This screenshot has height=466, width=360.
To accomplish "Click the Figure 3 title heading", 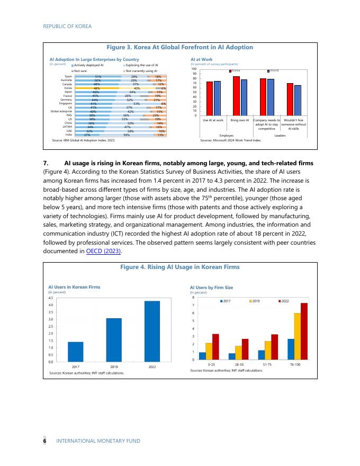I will point(180,47).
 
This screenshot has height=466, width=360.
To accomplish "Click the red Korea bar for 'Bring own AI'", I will point(236,96).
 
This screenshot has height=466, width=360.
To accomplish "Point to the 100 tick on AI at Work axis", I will point(194,69).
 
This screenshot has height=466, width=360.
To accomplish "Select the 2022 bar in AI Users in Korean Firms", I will point(152,331).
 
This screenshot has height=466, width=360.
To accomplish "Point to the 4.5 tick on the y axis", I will point(51,298).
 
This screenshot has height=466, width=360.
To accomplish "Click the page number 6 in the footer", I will point(44,441).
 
